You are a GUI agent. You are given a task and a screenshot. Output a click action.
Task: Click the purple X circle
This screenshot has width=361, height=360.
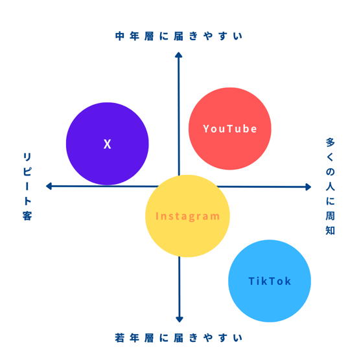pyautogui.click(x=108, y=144)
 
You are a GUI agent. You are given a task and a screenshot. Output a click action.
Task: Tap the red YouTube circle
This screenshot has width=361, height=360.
pyautogui.click(x=230, y=129)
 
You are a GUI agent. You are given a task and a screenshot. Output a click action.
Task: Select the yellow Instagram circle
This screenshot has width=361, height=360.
pyautogui.click(x=187, y=216)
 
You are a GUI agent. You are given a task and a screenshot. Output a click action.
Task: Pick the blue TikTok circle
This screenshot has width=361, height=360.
pyautogui.click(x=270, y=281)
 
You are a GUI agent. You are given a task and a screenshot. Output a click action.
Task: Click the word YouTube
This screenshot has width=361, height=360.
pyautogui.click(x=230, y=129)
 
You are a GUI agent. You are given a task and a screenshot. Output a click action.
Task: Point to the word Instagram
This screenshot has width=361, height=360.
pyautogui.click(x=187, y=216)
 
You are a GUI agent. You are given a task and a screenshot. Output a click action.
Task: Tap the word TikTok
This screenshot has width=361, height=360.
pyautogui.click(x=270, y=281)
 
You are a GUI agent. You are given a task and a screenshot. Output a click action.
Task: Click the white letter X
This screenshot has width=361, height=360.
pyautogui.click(x=108, y=144)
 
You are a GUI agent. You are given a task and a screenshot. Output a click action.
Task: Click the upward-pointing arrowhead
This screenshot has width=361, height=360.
pyautogui.click(x=179, y=55)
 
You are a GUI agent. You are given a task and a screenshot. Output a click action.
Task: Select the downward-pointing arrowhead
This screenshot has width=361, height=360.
pyautogui.click(x=180, y=319)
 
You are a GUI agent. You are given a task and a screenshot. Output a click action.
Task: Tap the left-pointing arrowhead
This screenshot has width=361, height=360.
pyautogui.click(x=49, y=186)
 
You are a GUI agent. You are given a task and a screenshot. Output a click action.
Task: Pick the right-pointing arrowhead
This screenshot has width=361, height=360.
pyautogui.click(x=309, y=186)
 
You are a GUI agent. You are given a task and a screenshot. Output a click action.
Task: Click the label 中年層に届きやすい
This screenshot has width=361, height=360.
pyautogui.click(x=179, y=36)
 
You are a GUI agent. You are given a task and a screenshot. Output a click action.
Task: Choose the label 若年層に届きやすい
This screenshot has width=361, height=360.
pyautogui.click(x=179, y=338)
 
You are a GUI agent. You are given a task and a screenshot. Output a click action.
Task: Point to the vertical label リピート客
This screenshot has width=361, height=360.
pyautogui.click(x=27, y=186)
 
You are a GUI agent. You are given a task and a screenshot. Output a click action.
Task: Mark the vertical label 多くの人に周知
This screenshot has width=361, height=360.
pyautogui.click(x=330, y=186)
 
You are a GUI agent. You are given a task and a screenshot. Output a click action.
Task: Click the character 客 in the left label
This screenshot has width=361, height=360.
pyautogui.click(x=27, y=216)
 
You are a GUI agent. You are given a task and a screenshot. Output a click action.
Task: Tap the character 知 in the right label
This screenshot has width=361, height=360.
pyautogui.click(x=330, y=231)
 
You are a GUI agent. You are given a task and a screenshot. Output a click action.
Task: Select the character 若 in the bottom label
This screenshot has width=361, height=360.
pyautogui.click(x=120, y=338)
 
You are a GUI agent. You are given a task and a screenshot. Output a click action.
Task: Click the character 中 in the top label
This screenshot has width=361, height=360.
pyautogui.click(x=120, y=36)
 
